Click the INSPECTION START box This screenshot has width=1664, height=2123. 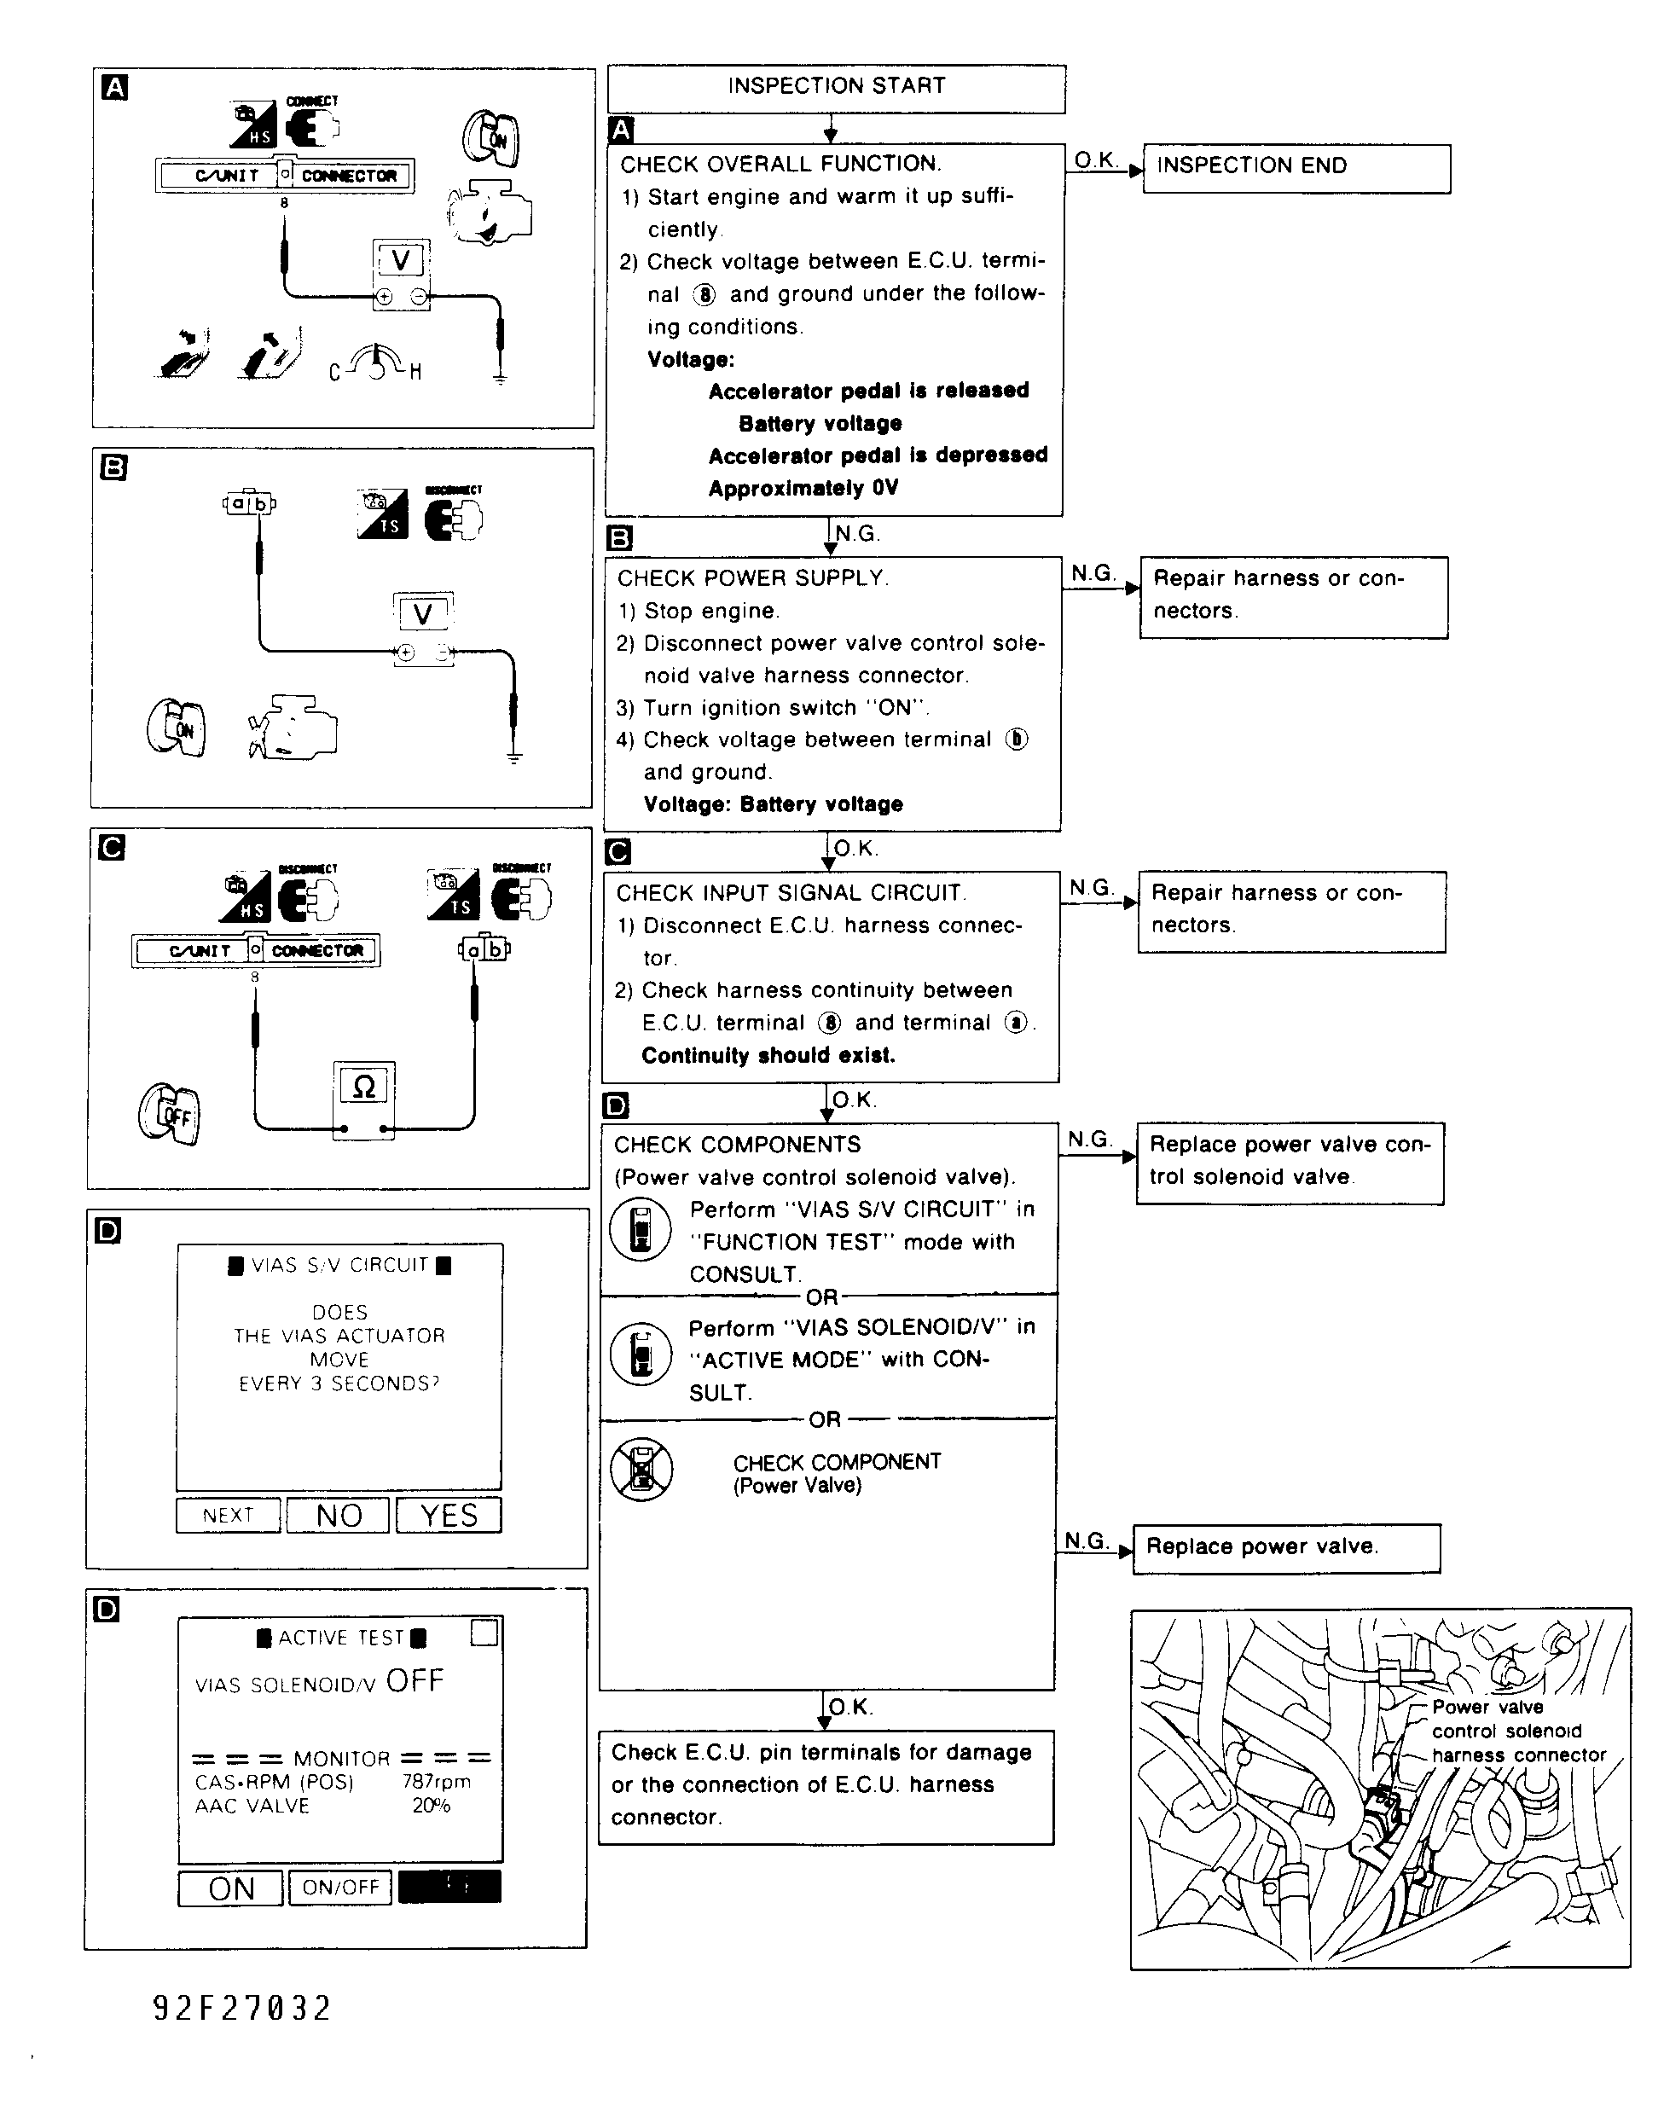pyautogui.click(x=836, y=88)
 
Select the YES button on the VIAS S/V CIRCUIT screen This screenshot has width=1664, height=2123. pyautogui.click(x=449, y=1515)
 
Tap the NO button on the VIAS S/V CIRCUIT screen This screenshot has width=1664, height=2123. pyautogui.click(x=338, y=1515)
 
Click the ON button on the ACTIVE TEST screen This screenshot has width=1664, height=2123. pyautogui.click(x=231, y=1888)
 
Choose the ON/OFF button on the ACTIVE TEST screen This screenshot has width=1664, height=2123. pyautogui.click(x=340, y=1888)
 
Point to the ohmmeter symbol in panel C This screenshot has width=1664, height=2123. pyautogui.click(x=363, y=1088)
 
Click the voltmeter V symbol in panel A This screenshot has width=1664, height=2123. pyautogui.click(x=400, y=261)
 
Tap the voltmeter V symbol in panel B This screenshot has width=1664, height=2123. pyautogui.click(x=423, y=614)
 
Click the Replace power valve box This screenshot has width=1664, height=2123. pyautogui.click(x=1286, y=1547)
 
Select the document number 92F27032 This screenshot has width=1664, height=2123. pyautogui.click(x=242, y=2008)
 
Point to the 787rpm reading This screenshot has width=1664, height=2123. pyautogui.click(x=437, y=1782)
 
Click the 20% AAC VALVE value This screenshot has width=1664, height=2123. pyautogui.click(x=431, y=1806)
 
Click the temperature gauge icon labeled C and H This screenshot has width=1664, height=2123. pyautogui.click(x=375, y=363)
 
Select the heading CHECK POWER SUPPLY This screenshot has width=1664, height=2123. pyautogui.click(x=752, y=579)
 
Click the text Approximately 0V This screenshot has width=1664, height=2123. pyautogui.click(x=803, y=488)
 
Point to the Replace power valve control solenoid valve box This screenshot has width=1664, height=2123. pyautogui.click(x=1289, y=1163)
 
